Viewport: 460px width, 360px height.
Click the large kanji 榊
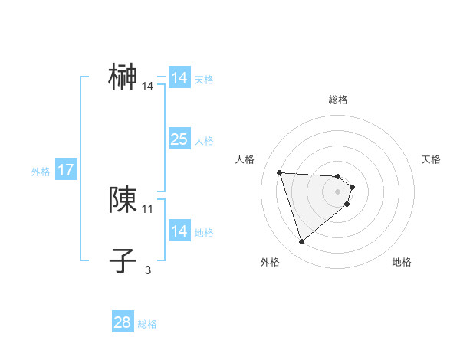point(123,77)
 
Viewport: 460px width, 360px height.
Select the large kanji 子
point(123,260)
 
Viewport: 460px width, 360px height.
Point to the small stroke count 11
point(148,208)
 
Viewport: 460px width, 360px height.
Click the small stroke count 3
point(148,270)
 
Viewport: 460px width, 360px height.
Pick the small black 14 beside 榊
point(148,87)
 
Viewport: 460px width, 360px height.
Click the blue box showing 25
point(179,139)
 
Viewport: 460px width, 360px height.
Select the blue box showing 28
point(123,322)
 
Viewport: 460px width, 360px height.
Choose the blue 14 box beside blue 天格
point(179,78)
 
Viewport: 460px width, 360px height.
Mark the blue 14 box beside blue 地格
point(179,231)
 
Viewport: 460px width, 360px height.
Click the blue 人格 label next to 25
point(205,140)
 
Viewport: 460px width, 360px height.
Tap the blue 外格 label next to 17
point(41,172)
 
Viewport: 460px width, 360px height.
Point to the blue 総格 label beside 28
point(147,323)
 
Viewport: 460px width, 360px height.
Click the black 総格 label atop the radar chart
point(338,100)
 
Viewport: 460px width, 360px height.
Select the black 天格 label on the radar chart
point(431,159)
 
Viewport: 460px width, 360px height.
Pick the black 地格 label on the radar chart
point(402,262)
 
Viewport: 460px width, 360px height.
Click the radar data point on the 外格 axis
point(302,242)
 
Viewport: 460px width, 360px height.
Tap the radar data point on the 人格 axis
point(279,172)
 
